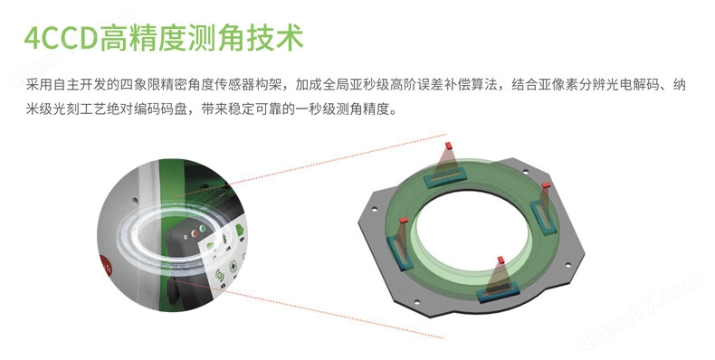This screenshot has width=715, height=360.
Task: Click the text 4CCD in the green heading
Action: (x=62, y=38)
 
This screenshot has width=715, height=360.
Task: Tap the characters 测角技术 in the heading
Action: (x=245, y=38)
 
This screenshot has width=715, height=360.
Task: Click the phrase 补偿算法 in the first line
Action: (x=470, y=85)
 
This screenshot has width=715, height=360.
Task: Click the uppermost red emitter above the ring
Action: (x=448, y=146)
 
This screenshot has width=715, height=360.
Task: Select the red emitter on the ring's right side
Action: (x=547, y=185)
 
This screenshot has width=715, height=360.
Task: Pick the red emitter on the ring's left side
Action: (x=404, y=221)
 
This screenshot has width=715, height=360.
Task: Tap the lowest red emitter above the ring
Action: (x=501, y=260)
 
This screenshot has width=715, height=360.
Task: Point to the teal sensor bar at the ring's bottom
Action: (x=499, y=292)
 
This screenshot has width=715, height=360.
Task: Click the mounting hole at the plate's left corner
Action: (x=375, y=210)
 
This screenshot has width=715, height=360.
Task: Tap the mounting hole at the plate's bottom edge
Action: (x=416, y=301)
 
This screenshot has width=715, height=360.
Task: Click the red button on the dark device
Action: (x=195, y=233)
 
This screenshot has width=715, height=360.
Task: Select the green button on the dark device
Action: (x=203, y=229)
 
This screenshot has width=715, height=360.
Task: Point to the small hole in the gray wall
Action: (x=135, y=200)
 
